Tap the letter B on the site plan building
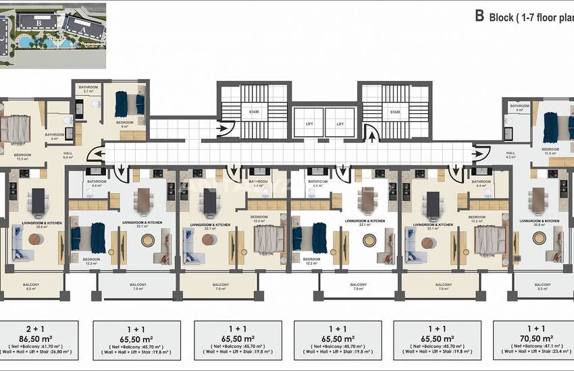pos(39,22)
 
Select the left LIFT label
pos(309,124)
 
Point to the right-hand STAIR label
pos(394,112)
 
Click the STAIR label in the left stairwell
pos(254,112)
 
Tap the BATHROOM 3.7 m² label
pos(88,90)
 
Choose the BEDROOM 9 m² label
pos(125,124)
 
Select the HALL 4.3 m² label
pos(511,155)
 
